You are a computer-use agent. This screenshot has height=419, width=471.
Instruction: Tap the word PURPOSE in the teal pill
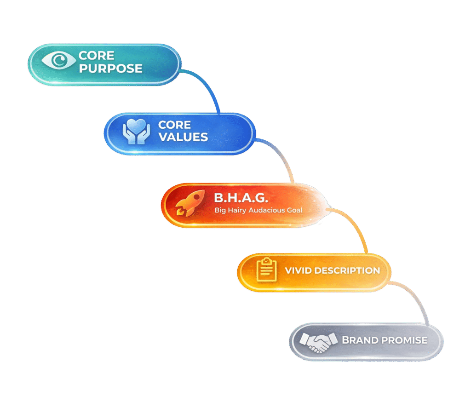click(x=110, y=69)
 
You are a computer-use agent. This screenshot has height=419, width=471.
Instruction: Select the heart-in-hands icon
click(x=136, y=132)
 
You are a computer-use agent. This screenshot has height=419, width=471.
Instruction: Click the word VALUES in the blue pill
click(x=183, y=137)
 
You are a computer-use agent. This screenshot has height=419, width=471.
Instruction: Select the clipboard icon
click(x=265, y=270)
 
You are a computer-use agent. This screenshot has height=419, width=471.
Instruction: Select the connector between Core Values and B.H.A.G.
click(x=283, y=156)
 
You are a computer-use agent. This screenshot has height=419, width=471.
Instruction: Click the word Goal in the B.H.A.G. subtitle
click(x=294, y=210)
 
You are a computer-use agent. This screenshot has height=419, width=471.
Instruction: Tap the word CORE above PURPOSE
click(x=96, y=56)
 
